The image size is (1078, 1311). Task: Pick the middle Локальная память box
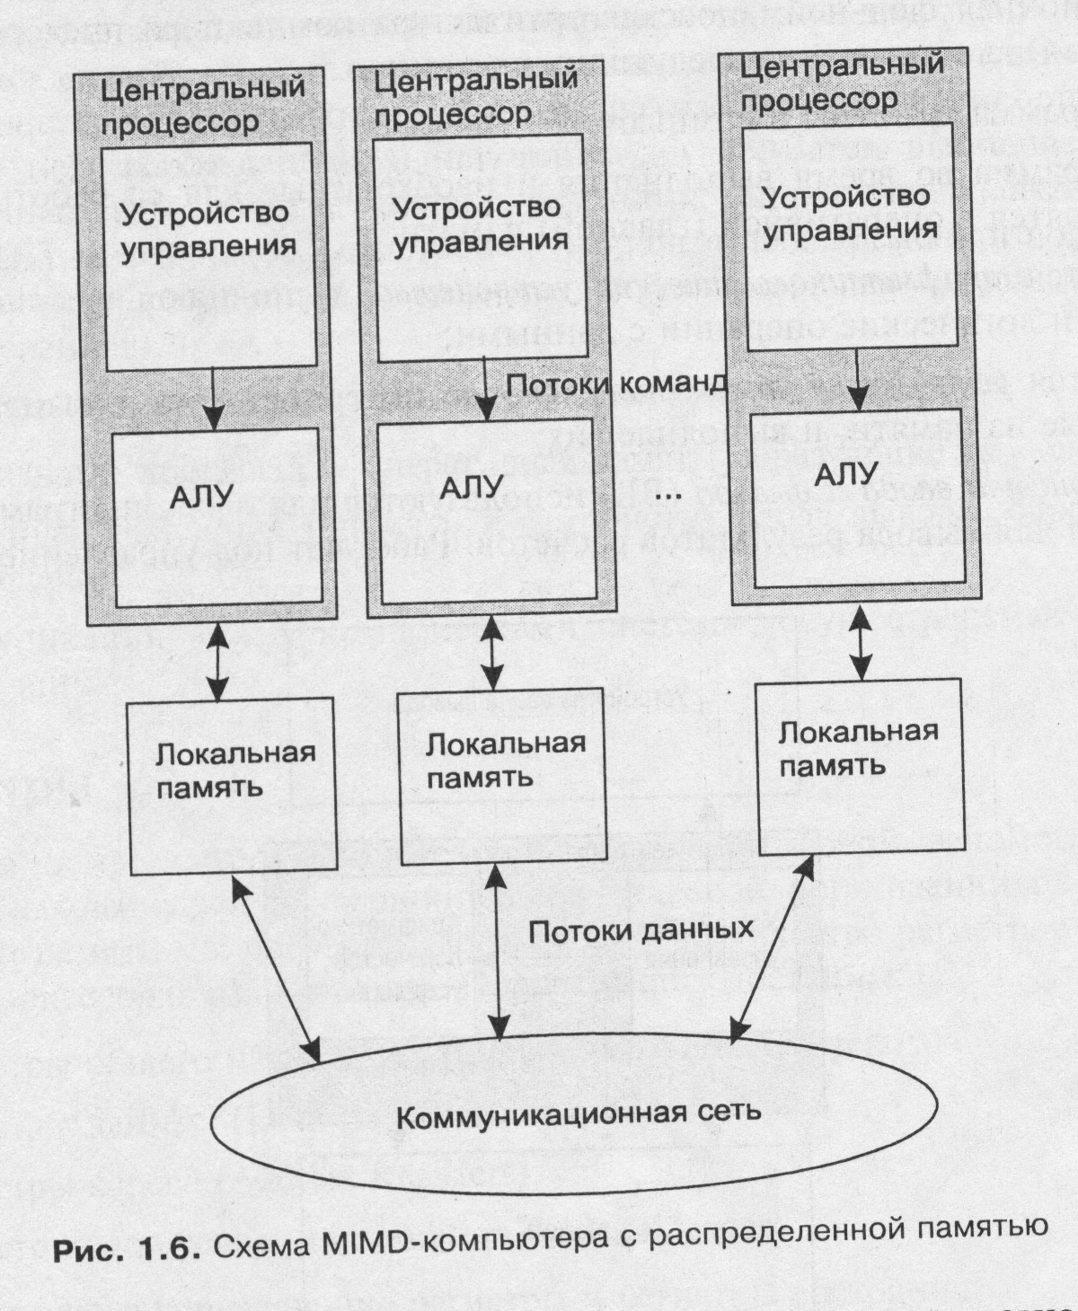501,776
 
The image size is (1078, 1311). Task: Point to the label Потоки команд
616,385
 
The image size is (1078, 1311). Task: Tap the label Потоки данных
640,930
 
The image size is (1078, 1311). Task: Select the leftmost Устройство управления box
209,256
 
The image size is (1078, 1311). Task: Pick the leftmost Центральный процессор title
201,105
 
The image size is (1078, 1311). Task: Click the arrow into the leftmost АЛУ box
213,399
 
